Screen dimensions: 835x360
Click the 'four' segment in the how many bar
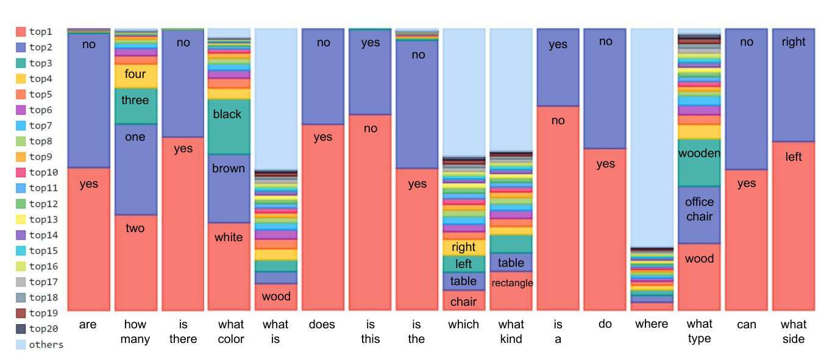(136, 76)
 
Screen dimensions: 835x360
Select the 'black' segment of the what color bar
(229, 127)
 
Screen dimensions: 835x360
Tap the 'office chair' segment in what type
(699, 215)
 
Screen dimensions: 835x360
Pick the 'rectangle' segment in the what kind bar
(511, 291)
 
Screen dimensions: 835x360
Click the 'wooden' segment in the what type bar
(699, 163)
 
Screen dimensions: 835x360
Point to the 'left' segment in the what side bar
(794, 226)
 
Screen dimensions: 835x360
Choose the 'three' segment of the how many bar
(136, 106)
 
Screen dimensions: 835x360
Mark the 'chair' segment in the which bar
(464, 300)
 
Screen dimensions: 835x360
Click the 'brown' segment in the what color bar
(229, 189)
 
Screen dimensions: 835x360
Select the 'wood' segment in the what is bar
(276, 297)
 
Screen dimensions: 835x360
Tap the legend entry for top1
(34, 32)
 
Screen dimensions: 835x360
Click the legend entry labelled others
(40, 344)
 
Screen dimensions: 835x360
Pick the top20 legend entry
(37, 329)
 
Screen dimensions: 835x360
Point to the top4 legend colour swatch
(21, 79)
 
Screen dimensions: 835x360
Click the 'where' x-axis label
(652, 324)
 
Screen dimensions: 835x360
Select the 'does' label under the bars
(322, 324)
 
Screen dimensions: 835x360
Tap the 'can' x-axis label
(746, 325)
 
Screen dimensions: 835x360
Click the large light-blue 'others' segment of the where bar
(652, 138)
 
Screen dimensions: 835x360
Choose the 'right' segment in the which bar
(464, 247)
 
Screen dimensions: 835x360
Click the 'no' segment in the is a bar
(558, 208)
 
